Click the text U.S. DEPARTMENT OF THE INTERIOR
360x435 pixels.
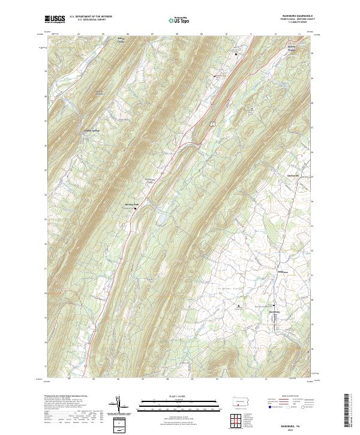[91, 17]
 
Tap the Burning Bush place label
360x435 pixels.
[131, 204]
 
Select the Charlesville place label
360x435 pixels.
[293, 175]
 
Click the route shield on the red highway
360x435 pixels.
[211, 122]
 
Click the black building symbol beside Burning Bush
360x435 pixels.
[135, 208]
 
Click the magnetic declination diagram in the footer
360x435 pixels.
[121, 405]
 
